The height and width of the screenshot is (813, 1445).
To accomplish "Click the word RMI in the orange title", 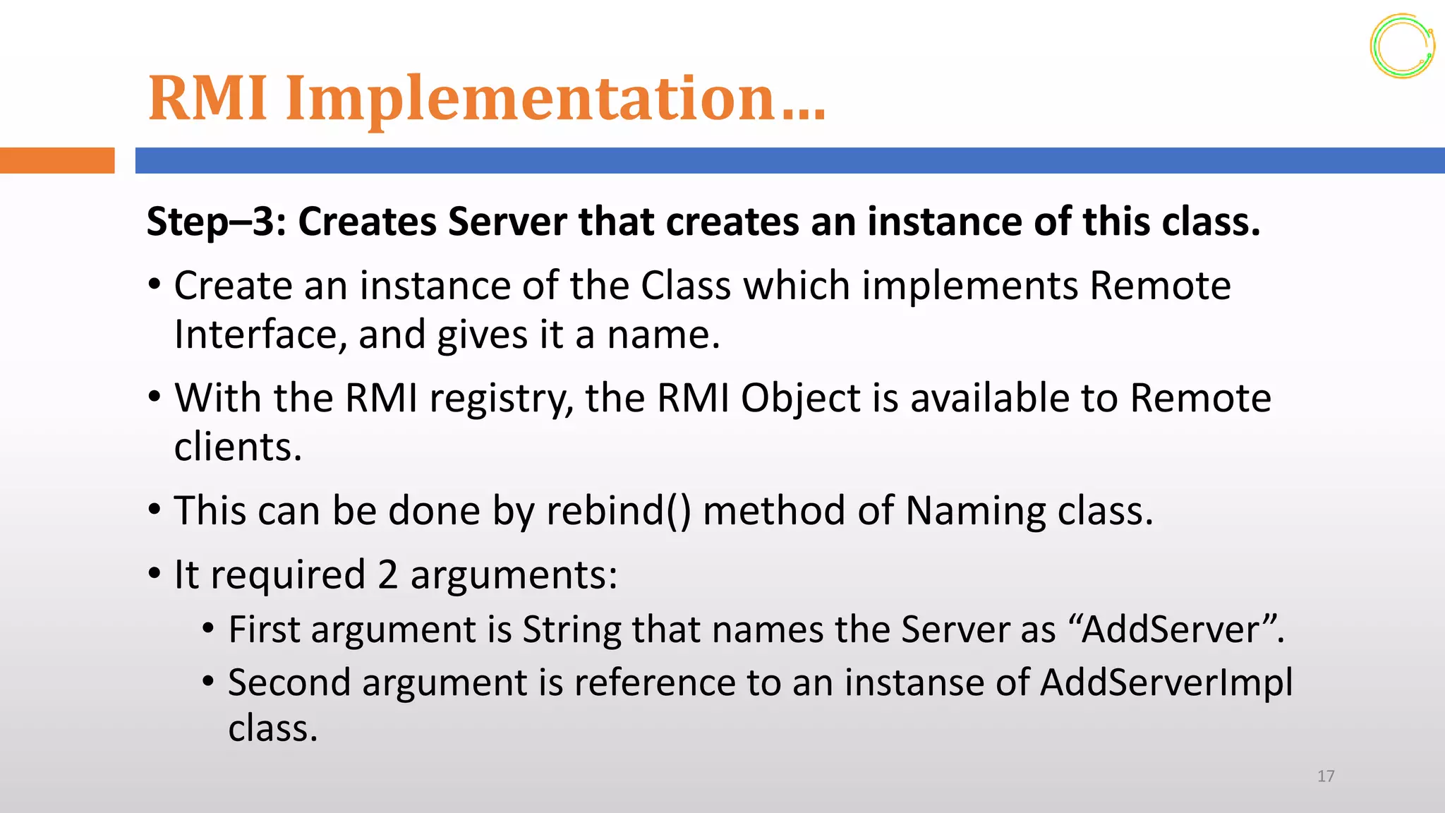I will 207,98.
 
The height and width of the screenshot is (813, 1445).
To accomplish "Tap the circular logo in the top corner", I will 1402,46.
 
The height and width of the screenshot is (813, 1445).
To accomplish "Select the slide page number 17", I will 1325,776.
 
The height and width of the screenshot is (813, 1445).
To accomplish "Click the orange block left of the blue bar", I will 57,160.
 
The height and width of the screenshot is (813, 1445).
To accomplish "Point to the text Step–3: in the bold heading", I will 216,222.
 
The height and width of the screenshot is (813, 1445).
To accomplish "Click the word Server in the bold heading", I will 507,222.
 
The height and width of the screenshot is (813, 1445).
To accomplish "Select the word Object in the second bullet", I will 800,399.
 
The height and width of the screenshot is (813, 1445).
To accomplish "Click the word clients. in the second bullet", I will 238,447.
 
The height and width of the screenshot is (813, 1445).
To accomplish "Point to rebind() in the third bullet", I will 619,511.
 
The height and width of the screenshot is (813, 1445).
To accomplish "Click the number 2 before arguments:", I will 387,574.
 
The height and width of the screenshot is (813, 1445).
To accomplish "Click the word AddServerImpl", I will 1166,682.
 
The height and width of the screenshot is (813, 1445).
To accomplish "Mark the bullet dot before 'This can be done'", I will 155,510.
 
